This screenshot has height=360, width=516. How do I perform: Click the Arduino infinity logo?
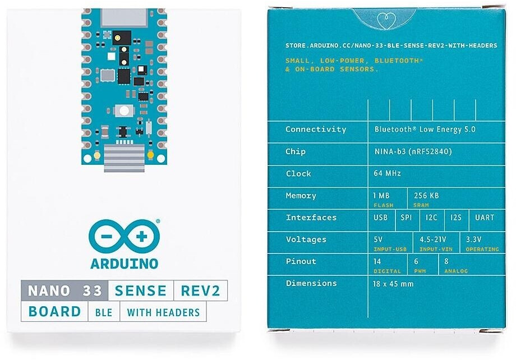pyautogui.click(x=124, y=237)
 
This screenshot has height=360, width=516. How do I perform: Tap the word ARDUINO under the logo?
pyautogui.click(x=124, y=263)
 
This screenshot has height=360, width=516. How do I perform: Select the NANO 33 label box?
pyautogui.click(x=64, y=290)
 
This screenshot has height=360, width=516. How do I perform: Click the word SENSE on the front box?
pyautogui.click(x=140, y=290)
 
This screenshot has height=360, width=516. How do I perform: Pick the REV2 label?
pyautogui.click(x=200, y=290)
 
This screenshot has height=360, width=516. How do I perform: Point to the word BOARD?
pyautogui.click(x=54, y=312)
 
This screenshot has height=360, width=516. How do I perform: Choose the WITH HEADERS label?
pyautogui.click(x=163, y=312)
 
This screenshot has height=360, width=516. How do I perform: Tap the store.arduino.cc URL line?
pyautogui.click(x=391, y=45)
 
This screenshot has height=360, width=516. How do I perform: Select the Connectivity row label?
pyautogui.click(x=316, y=129)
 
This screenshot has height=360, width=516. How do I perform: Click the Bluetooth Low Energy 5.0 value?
pyautogui.click(x=425, y=129)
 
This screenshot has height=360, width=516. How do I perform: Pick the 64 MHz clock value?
pyautogui.click(x=387, y=173)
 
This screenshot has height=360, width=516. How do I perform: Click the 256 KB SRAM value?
pyautogui.click(x=426, y=196)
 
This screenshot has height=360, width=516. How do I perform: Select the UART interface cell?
pyautogui.click(x=485, y=217)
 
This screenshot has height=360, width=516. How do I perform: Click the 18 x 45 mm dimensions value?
pyautogui.click(x=393, y=283)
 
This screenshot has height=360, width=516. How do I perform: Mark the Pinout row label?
pyautogui.click(x=301, y=261)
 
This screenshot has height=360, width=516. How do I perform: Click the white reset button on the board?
pyautogui.click(x=124, y=110)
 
